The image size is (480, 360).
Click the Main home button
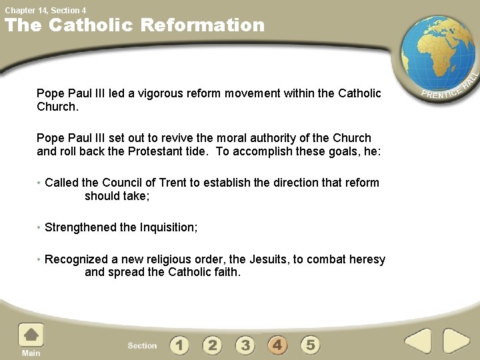(x=31, y=338)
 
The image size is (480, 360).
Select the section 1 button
(x=179, y=345)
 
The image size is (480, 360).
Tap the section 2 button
(x=212, y=345)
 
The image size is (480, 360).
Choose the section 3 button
(x=245, y=345)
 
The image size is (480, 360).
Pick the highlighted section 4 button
(x=277, y=345)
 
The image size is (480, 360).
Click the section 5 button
(x=310, y=345)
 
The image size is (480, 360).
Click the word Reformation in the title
(x=203, y=25)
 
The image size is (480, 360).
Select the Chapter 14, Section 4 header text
(x=45, y=10)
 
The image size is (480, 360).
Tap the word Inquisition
(x=168, y=227)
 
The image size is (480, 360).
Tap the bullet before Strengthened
(x=39, y=227)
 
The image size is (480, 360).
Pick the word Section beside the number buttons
(x=142, y=345)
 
